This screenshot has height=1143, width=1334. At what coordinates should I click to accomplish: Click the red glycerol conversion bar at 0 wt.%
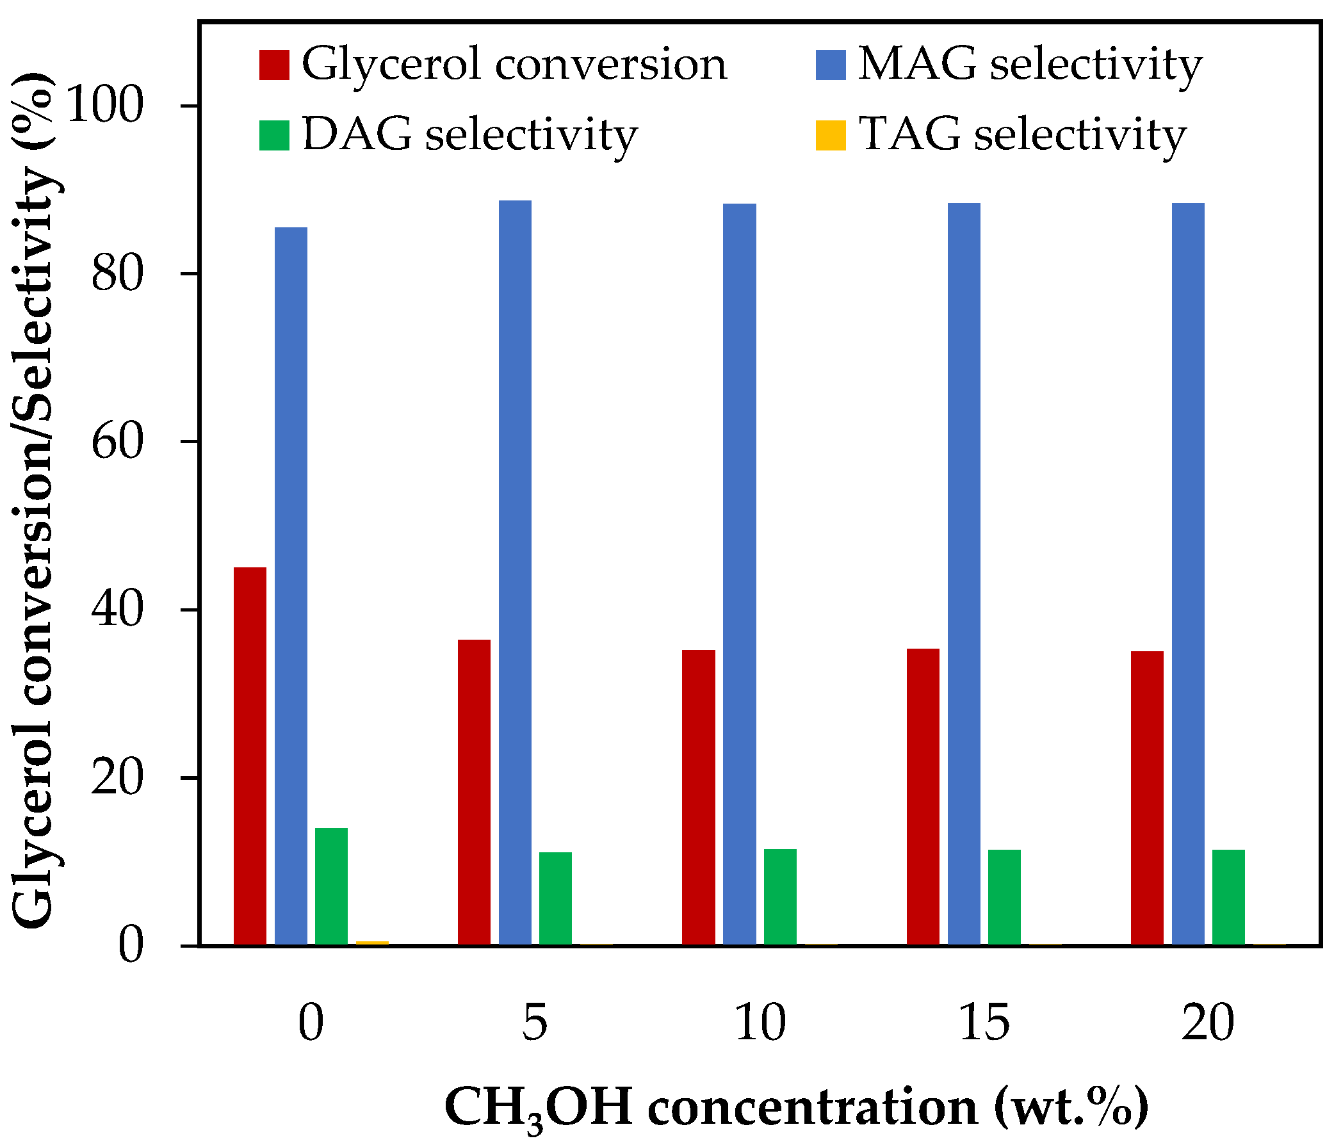click(x=250, y=756)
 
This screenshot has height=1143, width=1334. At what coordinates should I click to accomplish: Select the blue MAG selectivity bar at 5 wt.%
click(x=515, y=572)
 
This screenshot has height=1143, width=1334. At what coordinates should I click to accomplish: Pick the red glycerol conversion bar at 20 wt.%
click(x=1147, y=798)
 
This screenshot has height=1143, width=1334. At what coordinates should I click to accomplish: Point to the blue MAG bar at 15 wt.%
click(x=964, y=574)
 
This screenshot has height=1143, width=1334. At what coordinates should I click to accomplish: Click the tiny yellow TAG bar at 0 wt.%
click(x=373, y=943)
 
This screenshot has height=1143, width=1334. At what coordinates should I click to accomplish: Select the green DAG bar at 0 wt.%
click(x=331, y=886)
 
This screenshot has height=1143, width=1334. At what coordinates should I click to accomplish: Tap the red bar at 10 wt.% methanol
click(x=699, y=797)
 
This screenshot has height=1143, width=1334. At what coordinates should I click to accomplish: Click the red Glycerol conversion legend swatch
click(x=274, y=65)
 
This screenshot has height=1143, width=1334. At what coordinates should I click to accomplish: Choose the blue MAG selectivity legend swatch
click(x=831, y=65)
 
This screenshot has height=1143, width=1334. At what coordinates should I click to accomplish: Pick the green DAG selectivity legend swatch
click(x=274, y=135)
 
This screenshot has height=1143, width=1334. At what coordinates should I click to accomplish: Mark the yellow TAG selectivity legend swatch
click(x=831, y=135)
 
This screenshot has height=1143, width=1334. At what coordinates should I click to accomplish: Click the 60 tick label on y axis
click(x=117, y=442)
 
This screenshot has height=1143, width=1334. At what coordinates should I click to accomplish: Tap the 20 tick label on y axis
click(x=117, y=779)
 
